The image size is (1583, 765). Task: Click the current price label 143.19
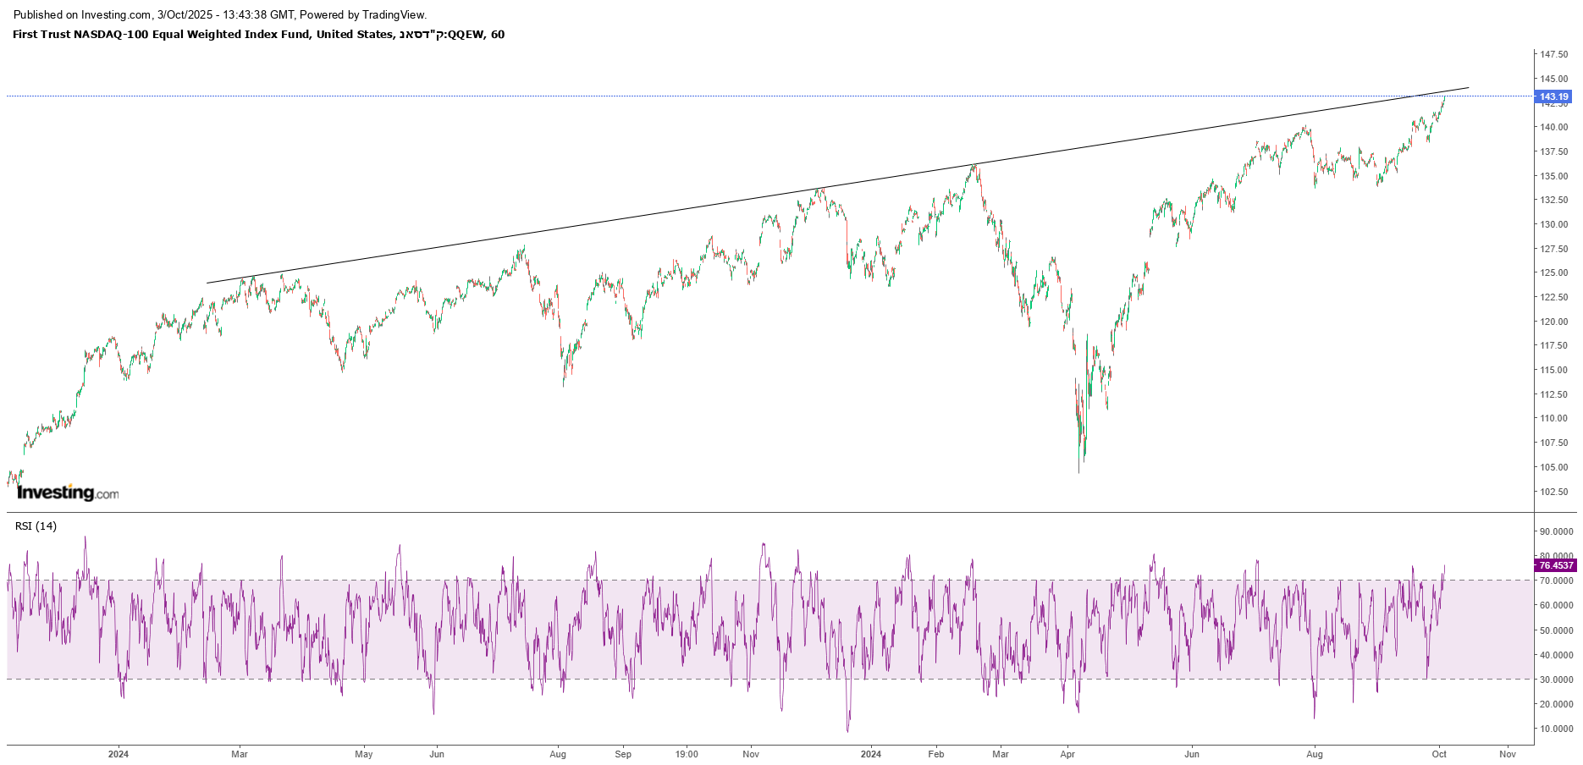(1553, 96)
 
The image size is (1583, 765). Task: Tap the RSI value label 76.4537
(1555, 565)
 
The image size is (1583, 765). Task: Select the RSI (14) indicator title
(36, 526)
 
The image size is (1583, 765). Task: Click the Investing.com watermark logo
(68, 493)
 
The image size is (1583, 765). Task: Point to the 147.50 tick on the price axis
(1553, 54)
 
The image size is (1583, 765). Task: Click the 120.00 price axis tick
(1553, 322)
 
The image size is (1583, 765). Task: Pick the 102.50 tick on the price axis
(1553, 492)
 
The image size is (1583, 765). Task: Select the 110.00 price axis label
(1553, 418)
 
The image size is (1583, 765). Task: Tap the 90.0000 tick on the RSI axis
(1556, 531)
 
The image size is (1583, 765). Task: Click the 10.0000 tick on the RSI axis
(1556, 729)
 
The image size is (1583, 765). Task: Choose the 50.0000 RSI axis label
(1556, 630)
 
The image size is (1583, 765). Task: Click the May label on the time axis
(364, 754)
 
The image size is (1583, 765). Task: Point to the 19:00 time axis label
(687, 754)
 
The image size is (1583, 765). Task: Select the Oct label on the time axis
(1439, 754)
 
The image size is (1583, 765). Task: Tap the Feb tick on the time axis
(935, 754)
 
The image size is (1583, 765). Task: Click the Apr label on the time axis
(1067, 754)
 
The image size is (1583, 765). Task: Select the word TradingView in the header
(394, 14)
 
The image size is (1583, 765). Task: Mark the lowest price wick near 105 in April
(1078, 471)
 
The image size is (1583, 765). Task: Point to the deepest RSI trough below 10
(847, 730)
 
